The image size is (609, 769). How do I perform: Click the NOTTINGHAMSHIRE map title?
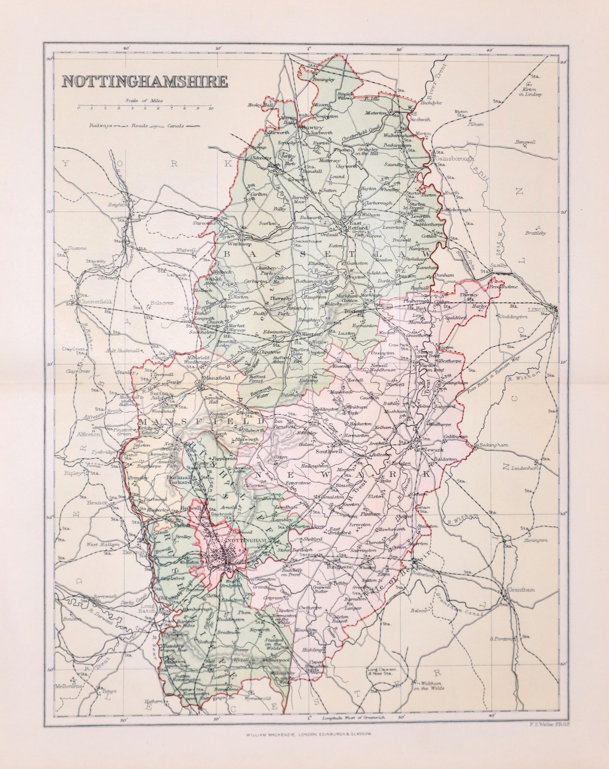click(x=145, y=81)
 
